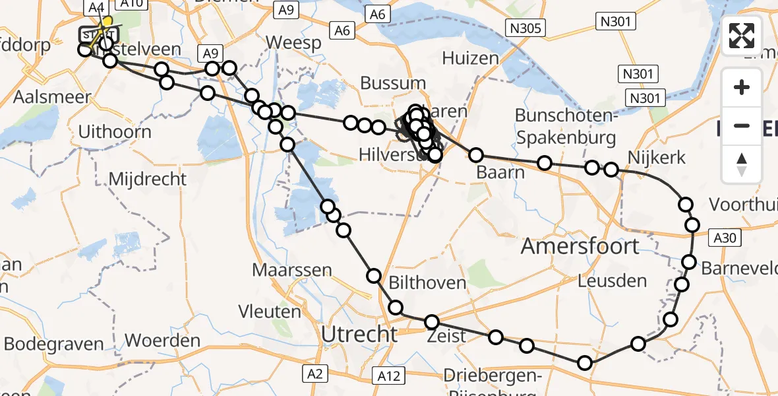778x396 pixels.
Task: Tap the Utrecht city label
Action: point(359,335)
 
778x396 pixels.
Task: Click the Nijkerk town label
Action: point(657,158)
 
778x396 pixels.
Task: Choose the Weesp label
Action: point(293,43)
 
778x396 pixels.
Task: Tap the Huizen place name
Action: point(470,58)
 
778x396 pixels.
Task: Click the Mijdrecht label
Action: point(147,179)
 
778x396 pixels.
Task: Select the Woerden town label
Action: point(162,341)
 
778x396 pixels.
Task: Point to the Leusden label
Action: point(612,281)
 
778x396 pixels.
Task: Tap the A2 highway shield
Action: point(314,374)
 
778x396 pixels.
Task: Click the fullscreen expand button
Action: point(742,36)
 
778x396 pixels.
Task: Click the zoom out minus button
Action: point(742,125)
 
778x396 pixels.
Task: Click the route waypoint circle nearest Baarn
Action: point(476,156)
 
